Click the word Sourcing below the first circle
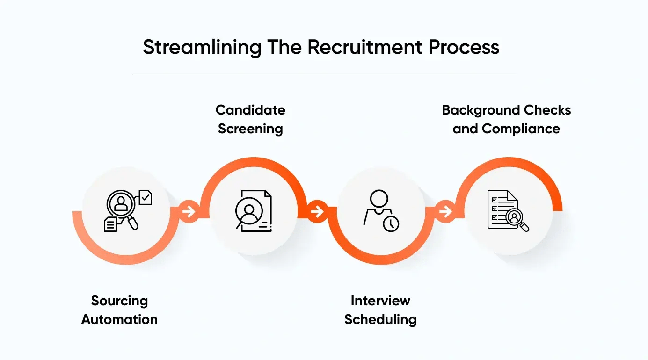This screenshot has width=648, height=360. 119,301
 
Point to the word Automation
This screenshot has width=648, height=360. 119,319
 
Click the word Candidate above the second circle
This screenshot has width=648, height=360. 250,110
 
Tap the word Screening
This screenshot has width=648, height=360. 250,129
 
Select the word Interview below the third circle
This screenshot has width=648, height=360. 380,301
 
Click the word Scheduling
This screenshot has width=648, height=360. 380,319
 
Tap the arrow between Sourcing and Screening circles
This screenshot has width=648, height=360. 189,212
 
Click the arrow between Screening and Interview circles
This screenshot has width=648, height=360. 317,212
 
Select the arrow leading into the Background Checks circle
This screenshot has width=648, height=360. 445,212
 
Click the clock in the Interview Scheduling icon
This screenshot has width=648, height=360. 391,224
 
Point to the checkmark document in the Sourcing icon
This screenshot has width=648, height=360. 146,197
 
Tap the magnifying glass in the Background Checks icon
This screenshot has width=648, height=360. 516,218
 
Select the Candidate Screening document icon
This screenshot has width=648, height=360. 253,211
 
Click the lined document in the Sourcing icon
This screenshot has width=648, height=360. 110,224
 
